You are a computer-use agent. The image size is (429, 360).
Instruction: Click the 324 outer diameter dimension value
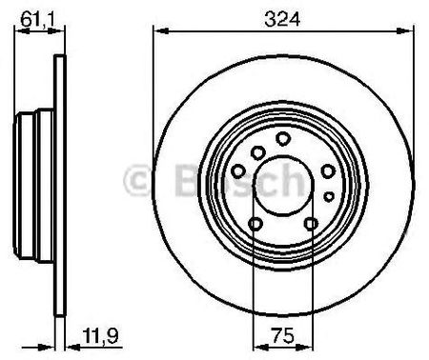(282, 19)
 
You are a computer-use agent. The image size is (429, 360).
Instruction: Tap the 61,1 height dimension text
(37, 19)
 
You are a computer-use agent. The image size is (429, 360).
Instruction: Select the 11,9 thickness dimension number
(100, 336)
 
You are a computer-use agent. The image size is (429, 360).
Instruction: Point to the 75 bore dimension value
(283, 336)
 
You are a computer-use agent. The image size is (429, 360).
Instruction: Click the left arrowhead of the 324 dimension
(160, 31)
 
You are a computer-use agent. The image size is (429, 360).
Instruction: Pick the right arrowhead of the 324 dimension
(406, 31)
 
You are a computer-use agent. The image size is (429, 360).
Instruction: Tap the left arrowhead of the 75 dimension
(260, 348)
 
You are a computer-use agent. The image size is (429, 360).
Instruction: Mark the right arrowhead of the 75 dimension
(306, 348)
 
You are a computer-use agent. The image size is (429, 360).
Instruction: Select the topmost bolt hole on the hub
(283, 139)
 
